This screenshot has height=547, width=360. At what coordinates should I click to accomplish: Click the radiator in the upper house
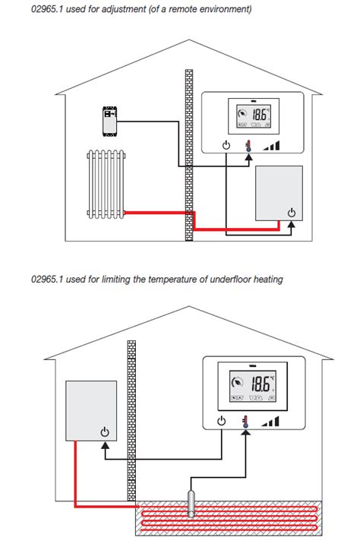coord(104,183)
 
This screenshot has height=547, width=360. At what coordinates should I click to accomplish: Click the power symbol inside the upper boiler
coord(291,212)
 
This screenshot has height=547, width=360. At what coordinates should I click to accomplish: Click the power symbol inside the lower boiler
coord(104,432)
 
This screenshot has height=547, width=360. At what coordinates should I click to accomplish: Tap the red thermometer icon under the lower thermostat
coord(245,422)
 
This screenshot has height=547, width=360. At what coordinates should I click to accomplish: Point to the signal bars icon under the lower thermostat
coord(270,422)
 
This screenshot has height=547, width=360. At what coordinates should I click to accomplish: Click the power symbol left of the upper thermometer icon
coord(226,147)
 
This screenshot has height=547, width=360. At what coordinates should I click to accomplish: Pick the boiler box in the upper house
coord(279,193)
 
